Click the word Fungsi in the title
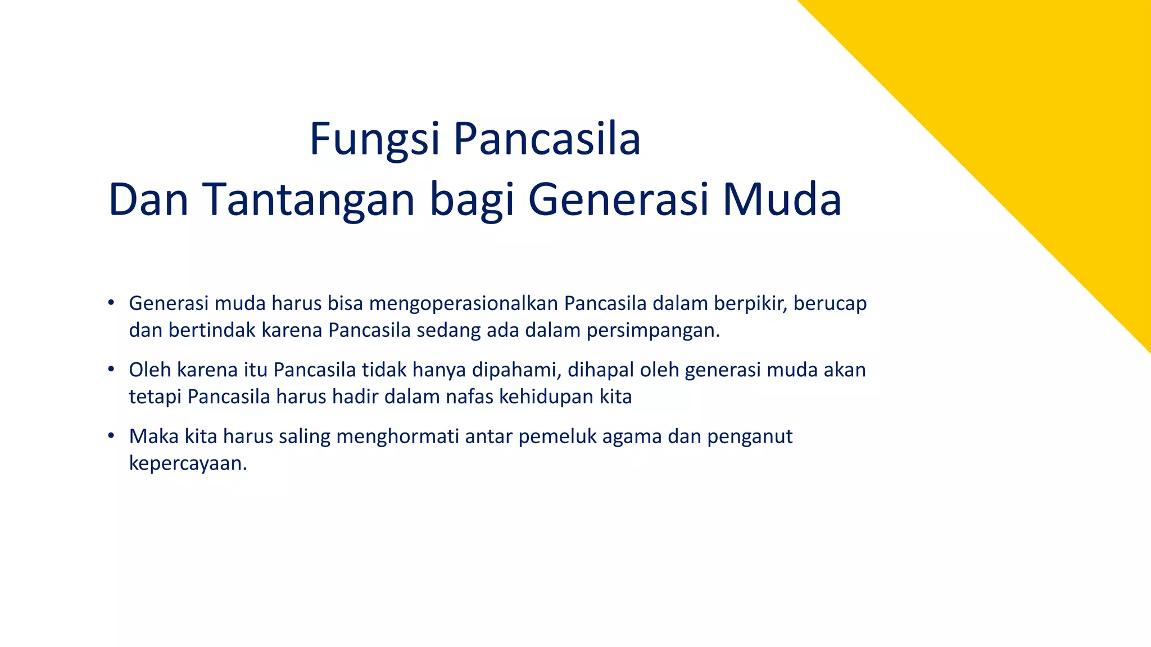[374, 140]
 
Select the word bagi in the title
[472, 201]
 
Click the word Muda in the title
[782, 200]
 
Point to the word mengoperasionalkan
[464, 304]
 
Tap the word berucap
[830, 304]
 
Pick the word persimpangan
[653, 331]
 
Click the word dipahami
[517, 370]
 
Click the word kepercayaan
[188, 464]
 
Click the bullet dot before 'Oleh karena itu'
[111, 370]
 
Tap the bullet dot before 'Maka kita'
[111, 436]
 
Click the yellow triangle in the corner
[1040, 112]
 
